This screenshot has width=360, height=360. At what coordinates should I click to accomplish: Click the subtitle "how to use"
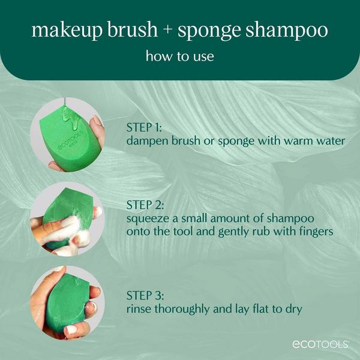(180, 57)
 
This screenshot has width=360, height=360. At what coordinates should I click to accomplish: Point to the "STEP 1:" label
(145, 128)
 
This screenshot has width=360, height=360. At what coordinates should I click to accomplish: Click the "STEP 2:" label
(145, 206)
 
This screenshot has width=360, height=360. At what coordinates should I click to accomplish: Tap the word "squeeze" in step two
(147, 218)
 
